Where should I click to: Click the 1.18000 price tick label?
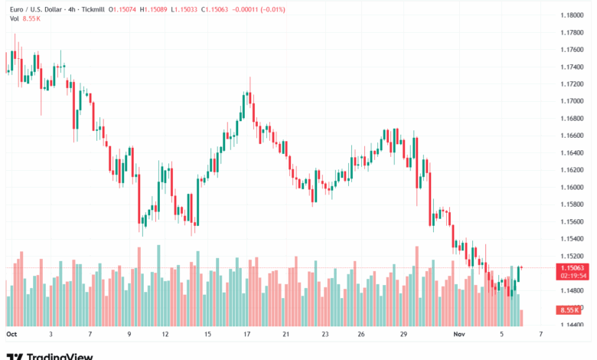pos(570,15)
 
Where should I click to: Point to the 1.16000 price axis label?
pos(570,188)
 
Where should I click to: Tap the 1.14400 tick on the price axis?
pos(570,326)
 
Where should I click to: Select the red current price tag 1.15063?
pos(570,268)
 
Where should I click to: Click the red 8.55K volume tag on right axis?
pos(569,309)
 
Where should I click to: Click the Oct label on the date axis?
pos(11,335)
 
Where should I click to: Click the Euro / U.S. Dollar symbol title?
pos(34,9)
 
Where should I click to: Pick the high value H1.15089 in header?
pos(155,9)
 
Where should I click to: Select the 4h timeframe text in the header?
pos(70,9)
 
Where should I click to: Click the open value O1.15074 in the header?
pos(122,9)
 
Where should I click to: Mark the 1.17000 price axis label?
pos(570,101)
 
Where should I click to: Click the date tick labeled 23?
pos(325,335)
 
